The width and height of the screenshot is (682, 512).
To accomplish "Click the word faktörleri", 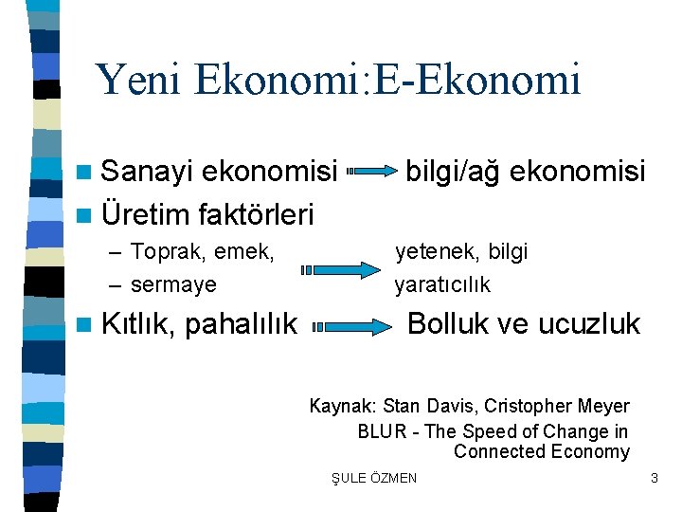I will pyautogui.click(x=256, y=214).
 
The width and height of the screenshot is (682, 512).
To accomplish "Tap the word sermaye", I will pyautogui.click(x=173, y=284).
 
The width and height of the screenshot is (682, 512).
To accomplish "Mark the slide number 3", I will pyautogui.click(x=654, y=478).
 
